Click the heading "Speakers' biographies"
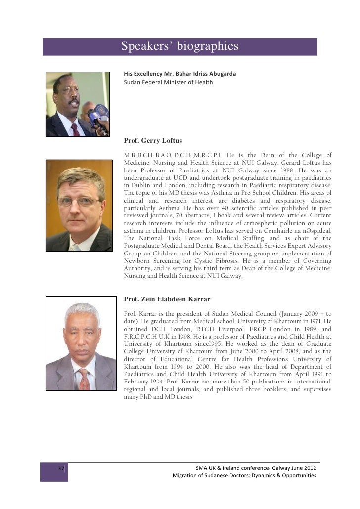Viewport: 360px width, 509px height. coord(180,46)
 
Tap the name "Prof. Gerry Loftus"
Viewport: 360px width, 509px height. coord(153,141)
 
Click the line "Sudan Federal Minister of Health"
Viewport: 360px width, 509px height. coord(168,82)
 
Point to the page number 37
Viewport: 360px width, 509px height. coord(61,468)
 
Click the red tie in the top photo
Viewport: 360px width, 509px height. coord(75,129)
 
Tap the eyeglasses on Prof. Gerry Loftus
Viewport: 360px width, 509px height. coord(78,201)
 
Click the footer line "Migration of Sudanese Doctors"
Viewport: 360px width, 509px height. coord(244,475)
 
